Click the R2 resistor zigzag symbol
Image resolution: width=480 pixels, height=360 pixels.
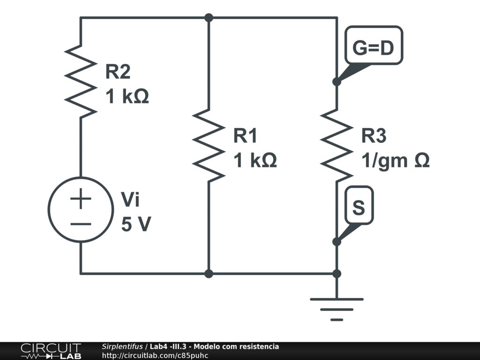coord(81,82)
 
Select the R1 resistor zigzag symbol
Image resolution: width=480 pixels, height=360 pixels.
coord(209,146)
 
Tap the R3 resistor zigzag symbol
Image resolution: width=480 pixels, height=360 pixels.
coord(337,146)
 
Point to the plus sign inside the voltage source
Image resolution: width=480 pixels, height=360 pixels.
coord(81,198)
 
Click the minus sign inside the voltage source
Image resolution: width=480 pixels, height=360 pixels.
coord(81,224)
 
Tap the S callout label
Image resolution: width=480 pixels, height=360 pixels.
coord(359,205)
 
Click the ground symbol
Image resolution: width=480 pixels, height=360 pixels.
coord(337,309)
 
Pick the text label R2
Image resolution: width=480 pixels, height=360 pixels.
coord(118,71)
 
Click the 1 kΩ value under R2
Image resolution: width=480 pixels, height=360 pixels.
coord(127,96)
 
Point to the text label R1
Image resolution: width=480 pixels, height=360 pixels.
coord(245,135)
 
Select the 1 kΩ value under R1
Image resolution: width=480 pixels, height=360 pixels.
coord(255,160)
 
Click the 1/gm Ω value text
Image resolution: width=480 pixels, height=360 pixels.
coord(396,160)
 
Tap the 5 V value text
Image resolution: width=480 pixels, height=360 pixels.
coord(136,224)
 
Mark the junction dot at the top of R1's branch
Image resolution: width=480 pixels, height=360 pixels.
coord(209,18)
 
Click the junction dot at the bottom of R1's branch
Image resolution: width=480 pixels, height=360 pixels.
coord(209,274)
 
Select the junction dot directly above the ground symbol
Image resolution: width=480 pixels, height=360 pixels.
coord(337,274)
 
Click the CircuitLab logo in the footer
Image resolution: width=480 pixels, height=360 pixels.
coord(51,351)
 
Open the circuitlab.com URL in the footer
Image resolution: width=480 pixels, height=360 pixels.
coord(155,356)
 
